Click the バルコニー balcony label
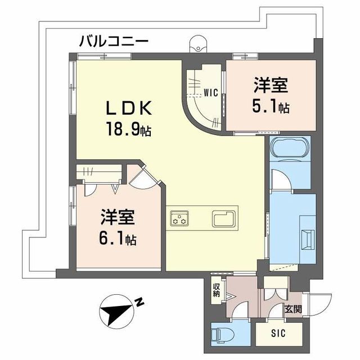114,40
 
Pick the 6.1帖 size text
118,239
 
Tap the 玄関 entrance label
292,309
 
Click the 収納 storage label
216,290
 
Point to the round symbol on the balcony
197,43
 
